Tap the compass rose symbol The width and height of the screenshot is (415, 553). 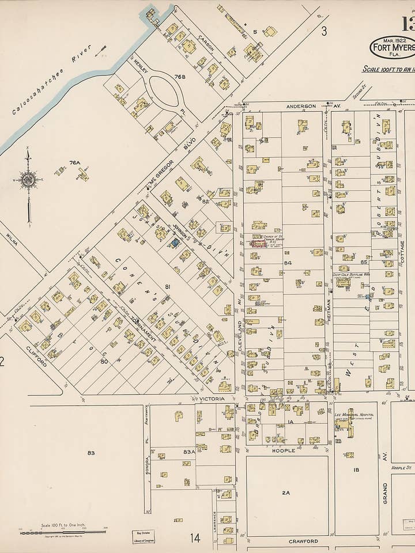coord(28,180)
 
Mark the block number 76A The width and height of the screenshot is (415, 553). coord(74,163)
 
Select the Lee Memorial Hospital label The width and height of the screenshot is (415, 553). coord(353,414)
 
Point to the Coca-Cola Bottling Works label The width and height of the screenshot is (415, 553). coord(350,275)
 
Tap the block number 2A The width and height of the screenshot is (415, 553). coord(286,493)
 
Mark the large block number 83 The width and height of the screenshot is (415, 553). coord(91,453)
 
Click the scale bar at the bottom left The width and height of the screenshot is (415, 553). coord(63,532)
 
